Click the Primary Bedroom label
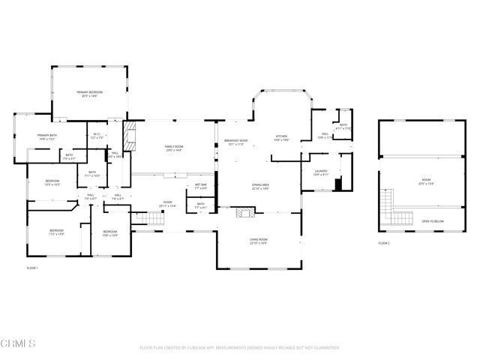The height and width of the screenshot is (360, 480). pos(89,92)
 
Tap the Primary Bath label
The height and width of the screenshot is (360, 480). pos(47,136)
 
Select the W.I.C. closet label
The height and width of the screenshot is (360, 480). pos(97,136)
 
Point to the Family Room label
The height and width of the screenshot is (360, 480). pos(174,147)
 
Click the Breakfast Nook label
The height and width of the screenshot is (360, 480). pos(235,141)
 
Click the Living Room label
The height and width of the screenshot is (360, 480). pos(259,240)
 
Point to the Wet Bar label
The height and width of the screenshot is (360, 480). pos(201,184)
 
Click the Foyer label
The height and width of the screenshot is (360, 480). pos(168,202)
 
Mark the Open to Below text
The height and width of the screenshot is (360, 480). pos(432,221)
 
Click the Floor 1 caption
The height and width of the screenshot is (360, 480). pos(32,268)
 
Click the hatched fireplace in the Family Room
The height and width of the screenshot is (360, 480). pos(130,136)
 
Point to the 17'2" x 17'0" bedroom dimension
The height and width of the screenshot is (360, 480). pos(57,234)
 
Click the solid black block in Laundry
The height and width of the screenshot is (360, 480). pos(337,184)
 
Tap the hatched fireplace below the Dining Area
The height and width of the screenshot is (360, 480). pos(245,213)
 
